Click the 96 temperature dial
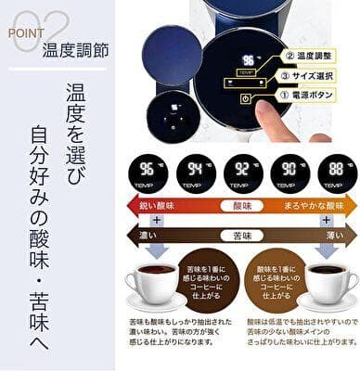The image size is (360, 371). [x=147, y=173]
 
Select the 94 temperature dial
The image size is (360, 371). [x=195, y=173]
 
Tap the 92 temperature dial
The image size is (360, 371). [x=243, y=173]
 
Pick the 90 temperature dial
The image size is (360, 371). [x=290, y=173]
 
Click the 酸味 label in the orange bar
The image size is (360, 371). [x=243, y=204]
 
